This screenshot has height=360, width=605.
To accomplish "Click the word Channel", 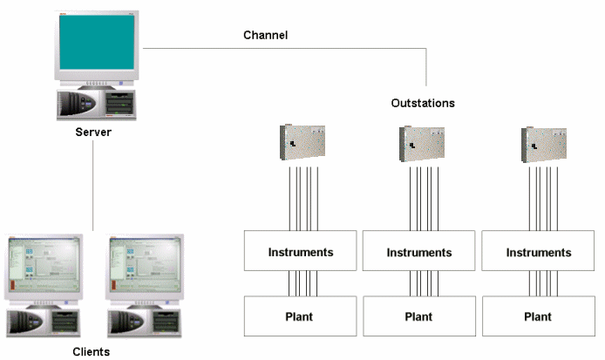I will (265, 36).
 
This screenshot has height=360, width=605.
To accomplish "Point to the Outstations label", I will (423, 103).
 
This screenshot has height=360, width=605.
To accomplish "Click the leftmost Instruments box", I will (300, 252).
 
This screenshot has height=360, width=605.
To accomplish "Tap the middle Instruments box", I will (419, 253).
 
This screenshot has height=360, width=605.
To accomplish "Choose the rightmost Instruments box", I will (539, 253).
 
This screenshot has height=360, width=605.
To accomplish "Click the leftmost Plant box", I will (300, 316).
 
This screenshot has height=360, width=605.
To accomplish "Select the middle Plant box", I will (419, 316).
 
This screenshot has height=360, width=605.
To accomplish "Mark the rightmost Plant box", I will (539, 316).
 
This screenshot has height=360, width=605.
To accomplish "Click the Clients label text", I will (92, 351).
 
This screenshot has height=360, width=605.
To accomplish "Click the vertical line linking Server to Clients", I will (93, 187).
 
